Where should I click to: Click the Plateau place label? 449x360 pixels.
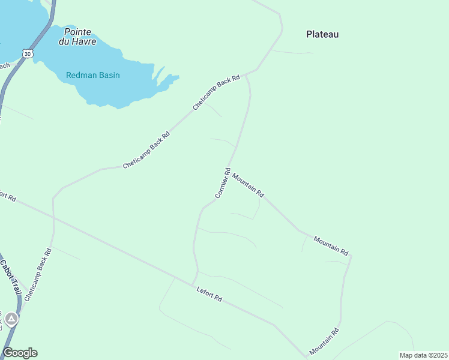pos(322,34)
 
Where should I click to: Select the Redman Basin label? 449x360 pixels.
pos(93,75)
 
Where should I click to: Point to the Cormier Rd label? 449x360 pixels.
pos(223,183)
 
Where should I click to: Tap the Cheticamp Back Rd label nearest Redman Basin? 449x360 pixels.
pos(216,92)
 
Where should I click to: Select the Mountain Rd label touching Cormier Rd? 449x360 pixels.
pos(248,185)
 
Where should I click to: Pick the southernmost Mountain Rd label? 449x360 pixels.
pos(325,341)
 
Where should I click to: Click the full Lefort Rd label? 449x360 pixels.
pos(209,294)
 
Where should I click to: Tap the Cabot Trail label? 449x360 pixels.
pos(10,277)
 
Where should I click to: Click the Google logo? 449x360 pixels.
pos(20,353)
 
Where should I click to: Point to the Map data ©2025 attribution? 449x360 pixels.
pos(423,355)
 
